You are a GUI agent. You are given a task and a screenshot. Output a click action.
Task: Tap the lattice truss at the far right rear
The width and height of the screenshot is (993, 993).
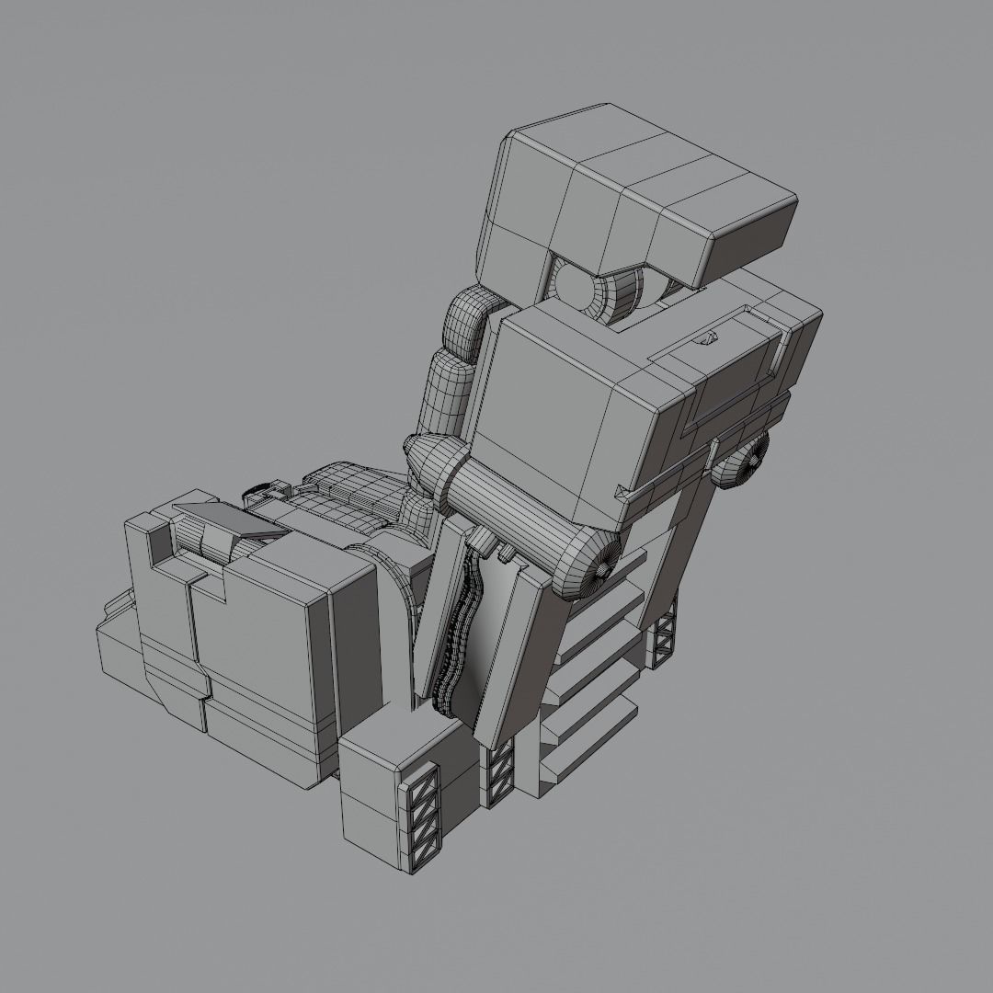(x=664, y=634)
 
